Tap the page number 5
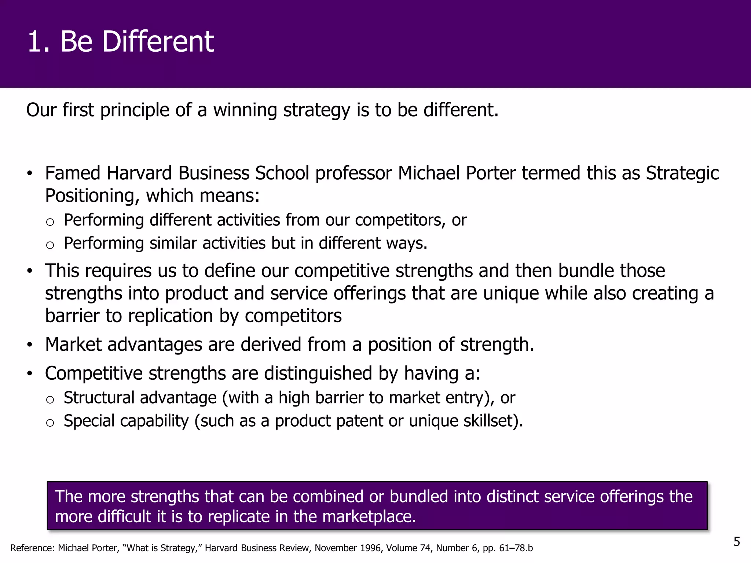click(x=737, y=542)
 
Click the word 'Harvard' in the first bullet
click(x=139, y=173)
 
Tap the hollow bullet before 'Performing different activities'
click(x=50, y=222)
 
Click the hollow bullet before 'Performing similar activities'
click(x=50, y=245)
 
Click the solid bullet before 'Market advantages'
click(x=30, y=345)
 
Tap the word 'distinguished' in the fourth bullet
click(x=318, y=374)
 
